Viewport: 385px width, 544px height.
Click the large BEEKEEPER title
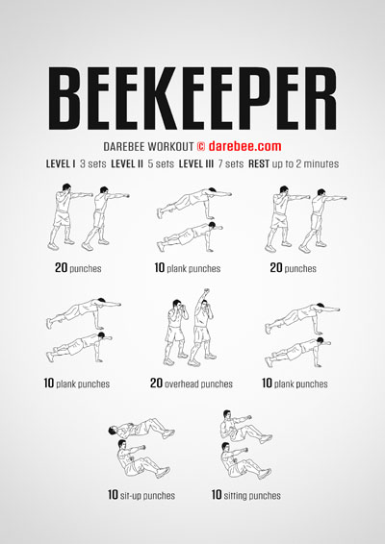(x=192, y=98)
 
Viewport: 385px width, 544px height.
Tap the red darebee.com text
(x=245, y=146)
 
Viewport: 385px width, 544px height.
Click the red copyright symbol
(x=201, y=146)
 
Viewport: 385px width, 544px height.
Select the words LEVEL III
(x=196, y=163)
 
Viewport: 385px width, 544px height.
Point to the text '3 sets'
(x=92, y=163)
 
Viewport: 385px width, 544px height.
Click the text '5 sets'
(x=161, y=163)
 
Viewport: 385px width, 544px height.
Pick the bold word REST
(x=259, y=163)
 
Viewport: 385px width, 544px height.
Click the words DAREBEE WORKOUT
(x=148, y=146)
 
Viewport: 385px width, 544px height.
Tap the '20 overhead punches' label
(x=192, y=383)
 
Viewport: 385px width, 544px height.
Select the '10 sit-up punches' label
(x=141, y=495)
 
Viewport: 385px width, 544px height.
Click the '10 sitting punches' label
(x=246, y=495)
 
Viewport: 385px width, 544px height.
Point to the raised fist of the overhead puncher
(x=206, y=290)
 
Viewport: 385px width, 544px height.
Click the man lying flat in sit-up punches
(x=141, y=429)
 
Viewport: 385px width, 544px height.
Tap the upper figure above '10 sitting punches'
(x=245, y=426)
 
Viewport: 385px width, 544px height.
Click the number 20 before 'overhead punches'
(x=156, y=383)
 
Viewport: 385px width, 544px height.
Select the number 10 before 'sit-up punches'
(x=113, y=495)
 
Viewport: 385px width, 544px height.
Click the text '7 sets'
(x=231, y=163)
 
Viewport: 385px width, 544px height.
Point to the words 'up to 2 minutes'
(x=305, y=163)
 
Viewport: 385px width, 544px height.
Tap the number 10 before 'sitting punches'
(x=217, y=495)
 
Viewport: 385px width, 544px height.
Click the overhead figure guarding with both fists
(x=176, y=331)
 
